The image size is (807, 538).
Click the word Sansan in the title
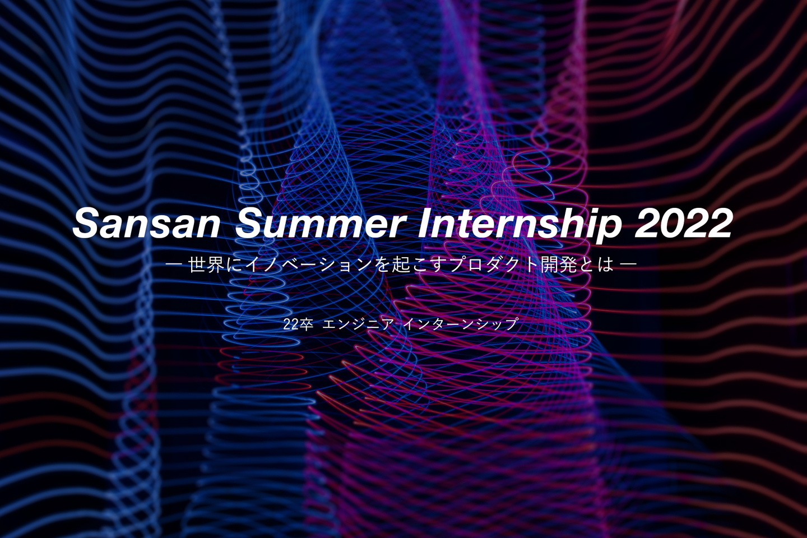pos(146,224)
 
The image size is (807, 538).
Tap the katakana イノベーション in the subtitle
pos(308,265)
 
